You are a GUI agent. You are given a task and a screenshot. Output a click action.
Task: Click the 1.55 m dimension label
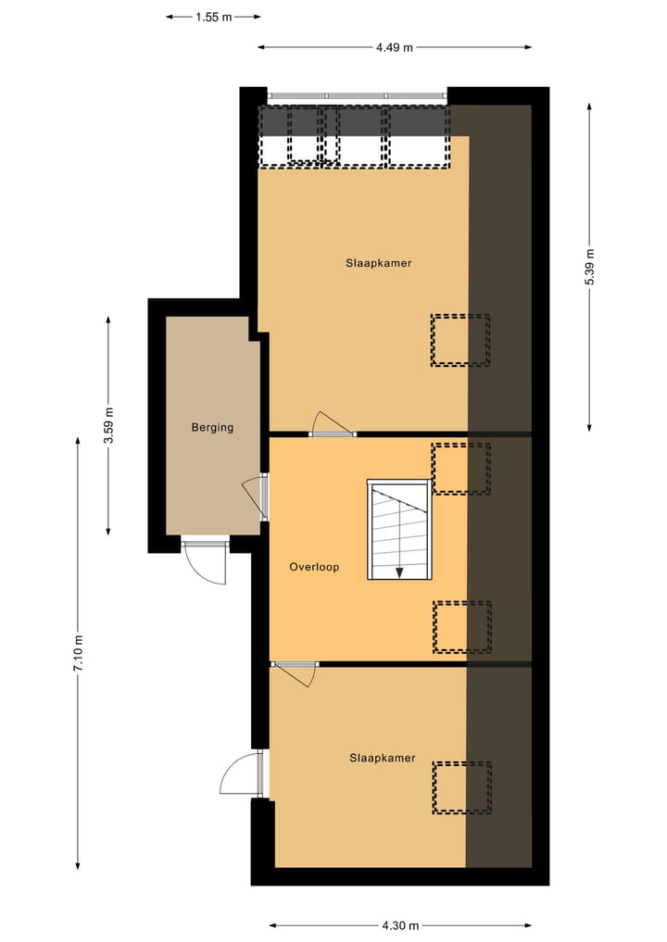point(214,16)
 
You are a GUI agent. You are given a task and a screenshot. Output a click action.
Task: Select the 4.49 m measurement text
point(395,47)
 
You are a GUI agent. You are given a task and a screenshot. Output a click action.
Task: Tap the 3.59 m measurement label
point(108,426)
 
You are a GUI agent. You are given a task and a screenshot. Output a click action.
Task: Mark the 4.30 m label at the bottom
point(400,924)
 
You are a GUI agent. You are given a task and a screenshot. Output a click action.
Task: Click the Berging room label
point(212,428)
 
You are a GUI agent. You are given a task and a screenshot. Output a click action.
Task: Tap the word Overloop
point(314,567)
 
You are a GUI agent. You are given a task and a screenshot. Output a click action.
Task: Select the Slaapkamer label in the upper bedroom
point(378,263)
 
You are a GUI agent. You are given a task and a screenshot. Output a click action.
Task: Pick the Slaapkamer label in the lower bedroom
point(382,758)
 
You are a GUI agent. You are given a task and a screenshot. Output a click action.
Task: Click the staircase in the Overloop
point(399,530)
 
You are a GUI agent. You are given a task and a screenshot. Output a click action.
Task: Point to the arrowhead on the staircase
point(399,572)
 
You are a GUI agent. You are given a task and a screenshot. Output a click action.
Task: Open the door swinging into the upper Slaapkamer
point(332,424)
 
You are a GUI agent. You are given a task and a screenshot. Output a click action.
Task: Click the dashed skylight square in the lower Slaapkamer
point(462,787)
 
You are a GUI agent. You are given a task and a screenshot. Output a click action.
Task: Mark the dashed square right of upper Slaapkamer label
point(460,340)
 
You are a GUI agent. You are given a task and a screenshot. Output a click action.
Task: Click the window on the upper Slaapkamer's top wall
point(355,94)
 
